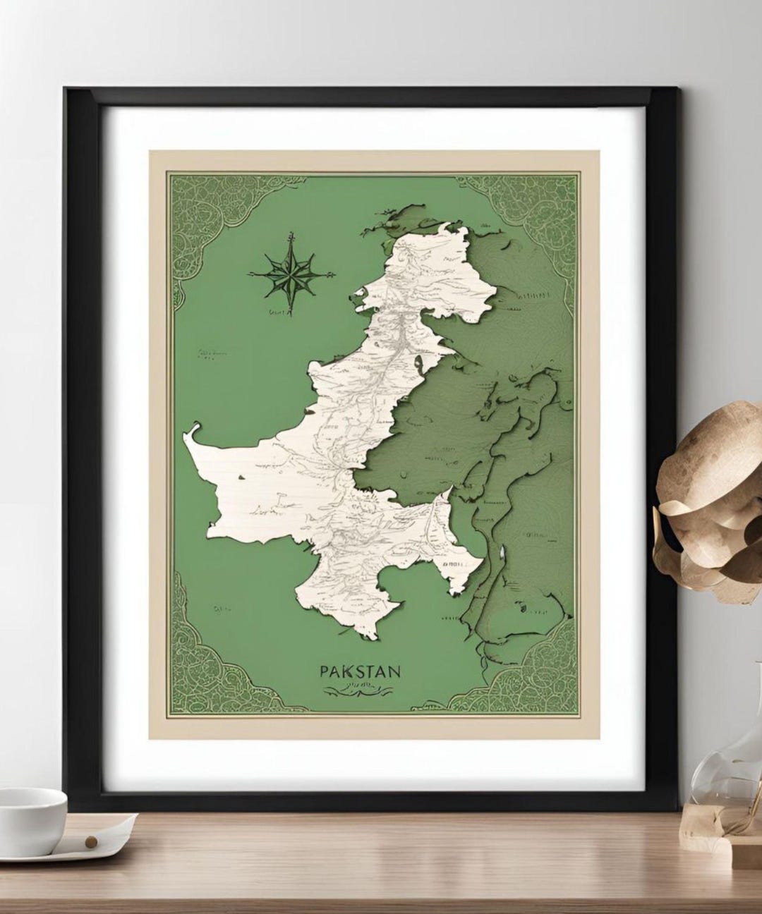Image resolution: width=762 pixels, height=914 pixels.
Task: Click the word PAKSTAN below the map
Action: [x=360, y=670]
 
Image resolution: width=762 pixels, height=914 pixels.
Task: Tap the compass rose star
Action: [x=290, y=273]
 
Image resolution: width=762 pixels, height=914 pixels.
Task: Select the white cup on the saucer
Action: [x=31, y=810]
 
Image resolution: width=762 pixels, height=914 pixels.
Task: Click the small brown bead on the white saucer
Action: [x=90, y=841]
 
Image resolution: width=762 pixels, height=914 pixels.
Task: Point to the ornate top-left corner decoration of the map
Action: [x=205, y=212]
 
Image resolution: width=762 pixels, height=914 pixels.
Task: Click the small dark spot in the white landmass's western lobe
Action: [x=243, y=478]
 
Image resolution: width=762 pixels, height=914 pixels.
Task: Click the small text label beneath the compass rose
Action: [x=277, y=310]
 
